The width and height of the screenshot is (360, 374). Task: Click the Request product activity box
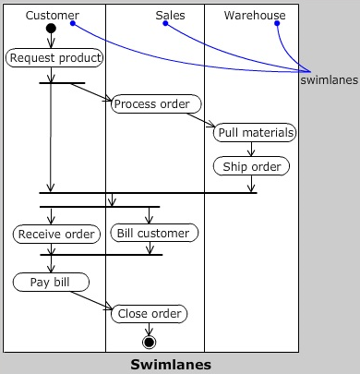pyautogui.click(x=54, y=57)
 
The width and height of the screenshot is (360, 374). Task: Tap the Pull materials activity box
pyautogui.click(x=255, y=133)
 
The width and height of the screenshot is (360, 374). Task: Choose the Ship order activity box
pyautogui.click(x=252, y=166)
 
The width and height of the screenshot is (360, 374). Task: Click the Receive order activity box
pyautogui.click(x=57, y=234)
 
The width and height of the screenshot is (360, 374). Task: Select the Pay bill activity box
pyautogui.click(x=51, y=281)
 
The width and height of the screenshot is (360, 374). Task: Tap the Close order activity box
pyautogui.click(x=149, y=314)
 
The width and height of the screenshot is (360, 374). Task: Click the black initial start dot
pyautogui.click(x=51, y=29)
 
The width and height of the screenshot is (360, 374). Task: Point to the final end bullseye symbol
pyautogui.click(x=149, y=342)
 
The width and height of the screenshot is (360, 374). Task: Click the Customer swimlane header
pyautogui.click(x=52, y=15)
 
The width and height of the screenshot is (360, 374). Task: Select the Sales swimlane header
pyautogui.click(x=170, y=15)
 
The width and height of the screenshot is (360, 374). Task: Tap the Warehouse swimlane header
pyautogui.click(x=255, y=15)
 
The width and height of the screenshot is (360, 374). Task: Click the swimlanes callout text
pyautogui.click(x=330, y=79)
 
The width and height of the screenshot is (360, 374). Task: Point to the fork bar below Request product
pyautogui.click(x=62, y=82)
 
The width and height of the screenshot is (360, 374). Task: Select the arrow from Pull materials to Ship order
pyautogui.click(x=252, y=150)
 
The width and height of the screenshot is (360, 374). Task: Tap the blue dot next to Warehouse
pyautogui.click(x=276, y=23)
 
